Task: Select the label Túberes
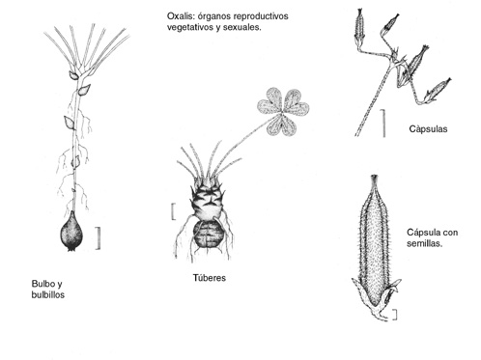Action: click(x=210, y=278)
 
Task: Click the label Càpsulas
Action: click(x=428, y=129)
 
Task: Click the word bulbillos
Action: click(x=48, y=294)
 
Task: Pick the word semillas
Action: click(x=424, y=243)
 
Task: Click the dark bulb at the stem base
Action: click(x=71, y=231)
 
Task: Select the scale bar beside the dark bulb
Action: click(x=99, y=238)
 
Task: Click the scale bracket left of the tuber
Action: click(x=174, y=211)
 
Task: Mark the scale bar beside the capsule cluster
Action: click(x=383, y=123)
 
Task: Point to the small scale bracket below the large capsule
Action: click(x=395, y=315)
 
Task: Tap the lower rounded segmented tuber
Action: click(x=209, y=235)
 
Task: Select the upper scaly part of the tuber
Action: click(x=207, y=198)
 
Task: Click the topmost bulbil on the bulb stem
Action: click(x=74, y=75)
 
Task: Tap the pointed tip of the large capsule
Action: click(x=374, y=177)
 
